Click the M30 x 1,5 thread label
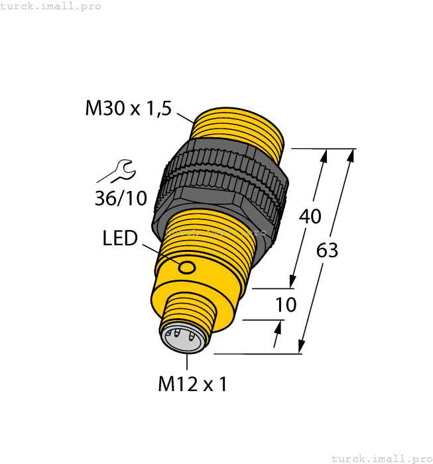tap(128, 109)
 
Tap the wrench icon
tap(117, 171)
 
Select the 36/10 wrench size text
tap(121, 198)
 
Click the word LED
tap(120, 239)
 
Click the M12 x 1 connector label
tap(192, 384)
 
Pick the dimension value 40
tap(310, 216)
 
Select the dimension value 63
tap(327, 251)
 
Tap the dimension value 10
tap(284, 305)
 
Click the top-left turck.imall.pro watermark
tap(51, 6)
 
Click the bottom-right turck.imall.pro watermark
tap(381, 458)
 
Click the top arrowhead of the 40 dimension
tap(324, 156)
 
